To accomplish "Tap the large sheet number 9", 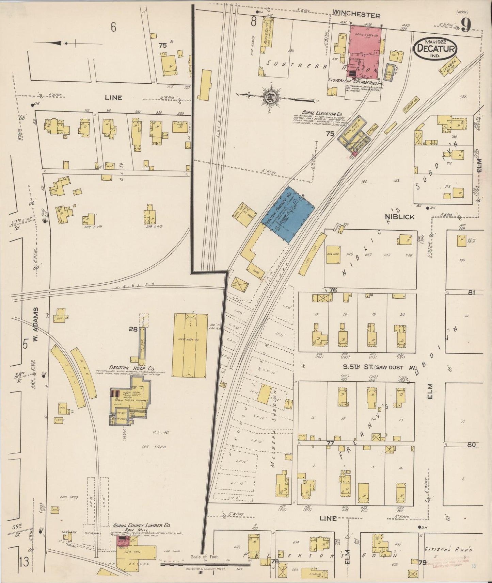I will point(467,25).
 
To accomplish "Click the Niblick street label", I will point(399,217).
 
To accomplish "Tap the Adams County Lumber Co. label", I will point(141,526).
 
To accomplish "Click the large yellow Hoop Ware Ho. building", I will point(190,345).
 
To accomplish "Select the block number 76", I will point(333,290).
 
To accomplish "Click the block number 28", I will point(133,329).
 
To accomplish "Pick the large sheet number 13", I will point(24,563).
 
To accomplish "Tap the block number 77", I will point(330,443).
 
